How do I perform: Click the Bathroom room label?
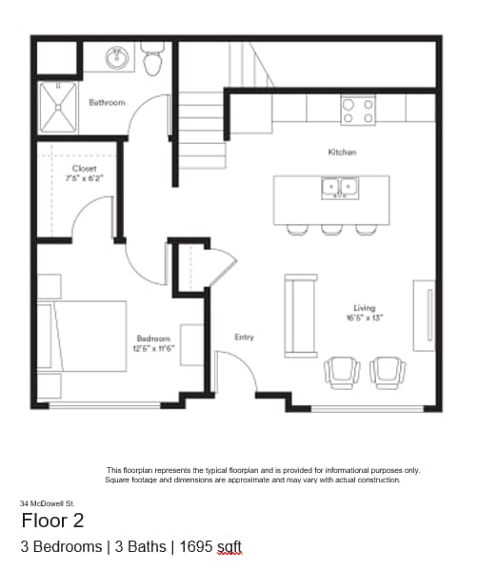[x=107, y=102]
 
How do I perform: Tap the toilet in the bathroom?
[x=152, y=59]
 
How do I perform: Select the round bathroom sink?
[x=119, y=59]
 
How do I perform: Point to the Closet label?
[x=84, y=168]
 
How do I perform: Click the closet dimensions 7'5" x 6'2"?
[x=84, y=178]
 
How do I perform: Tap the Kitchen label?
[x=342, y=153]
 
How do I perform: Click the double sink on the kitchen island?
[x=340, y=188]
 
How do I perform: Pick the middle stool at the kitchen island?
[x=331, y=229]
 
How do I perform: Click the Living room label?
[x=365, y=308]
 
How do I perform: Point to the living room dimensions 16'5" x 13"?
[x=365, y=318]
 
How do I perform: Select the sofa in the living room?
[x=301, y=315]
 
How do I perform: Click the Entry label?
[x=244, y=337]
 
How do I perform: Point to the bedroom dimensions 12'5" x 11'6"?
[x=153, y=349]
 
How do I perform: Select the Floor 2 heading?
[x=52, y=521]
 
